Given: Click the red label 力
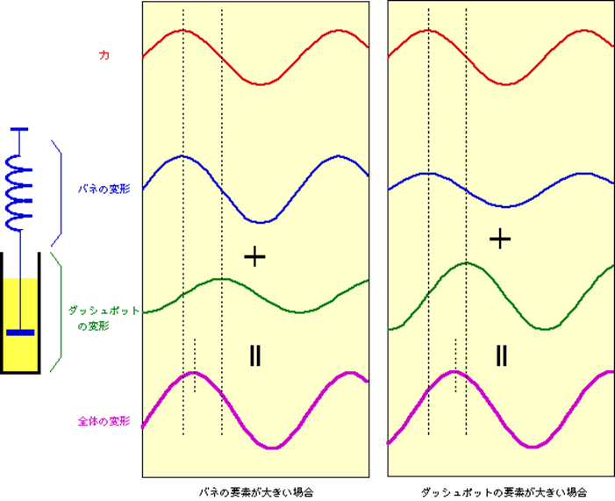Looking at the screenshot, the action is pyautogui.click(x=104, y=55).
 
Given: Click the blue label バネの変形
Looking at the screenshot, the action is pyautogui.click(x=104, y=190).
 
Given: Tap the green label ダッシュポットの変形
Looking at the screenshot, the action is pyautogui.click(x=104, y=318).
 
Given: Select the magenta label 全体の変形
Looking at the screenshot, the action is pyautogui.click(x=104, y=422).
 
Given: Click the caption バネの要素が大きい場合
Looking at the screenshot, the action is pyautogui.click(x=255, y=492).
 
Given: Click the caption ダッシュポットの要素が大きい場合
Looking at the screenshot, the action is pyautogui.click(x=504, y=492).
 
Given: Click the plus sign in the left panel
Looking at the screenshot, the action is pyautogui.click(x=255, y=256).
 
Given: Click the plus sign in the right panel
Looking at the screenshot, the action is pyautogui.click(x=500, y=239).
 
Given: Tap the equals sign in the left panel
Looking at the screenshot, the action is pyautogui.click(x=255, y=356).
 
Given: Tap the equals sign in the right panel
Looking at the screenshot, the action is pyautogui.click(x=502, y=356).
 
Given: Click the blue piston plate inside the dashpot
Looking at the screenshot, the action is pyautogui.click(x=20, y=333).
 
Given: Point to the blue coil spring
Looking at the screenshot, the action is pyautogui.click(x=18, y=192).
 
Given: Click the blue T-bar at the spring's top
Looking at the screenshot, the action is pyautogui.click(x=19, y=129).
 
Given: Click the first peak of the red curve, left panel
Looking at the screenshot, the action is pyautogui.click(x=182, y=30).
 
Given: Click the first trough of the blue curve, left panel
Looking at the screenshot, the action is pyautogui.click(x=261, y=222).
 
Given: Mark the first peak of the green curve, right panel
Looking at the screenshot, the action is pyautogui.click(x=466, y=263).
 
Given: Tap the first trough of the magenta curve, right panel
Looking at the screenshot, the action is pyautogui.click(x=533, y=447).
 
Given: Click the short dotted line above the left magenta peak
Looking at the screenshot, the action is pyautogui.click(x=195, y=365).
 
